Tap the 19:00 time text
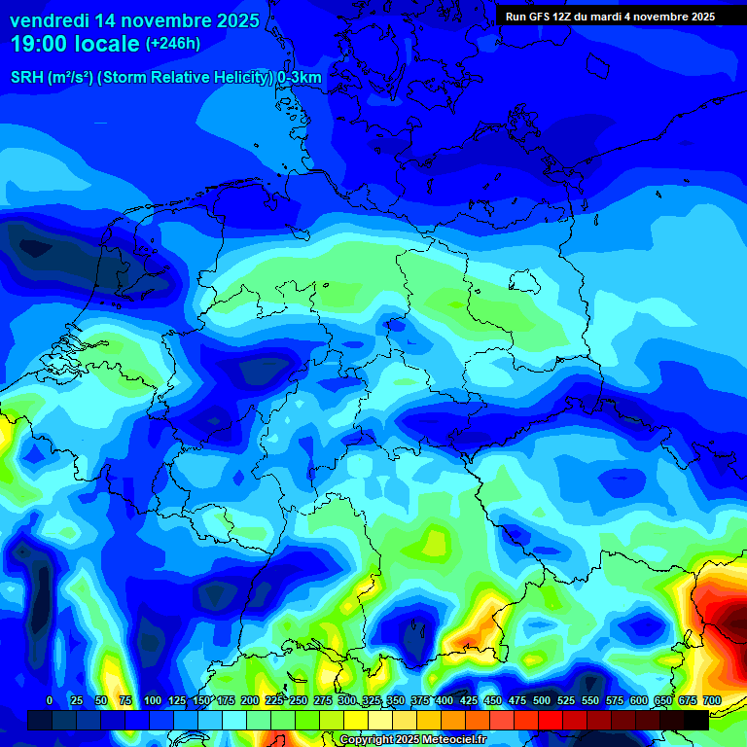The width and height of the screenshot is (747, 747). pyautogui.click(x=44, y=45)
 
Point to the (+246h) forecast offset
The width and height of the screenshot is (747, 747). pyautogui.click(x=173, y=44)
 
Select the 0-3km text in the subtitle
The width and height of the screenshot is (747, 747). pyautogui.click(x=300, y=78)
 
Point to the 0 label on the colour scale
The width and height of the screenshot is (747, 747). pyautogui.click(x=50, y=700)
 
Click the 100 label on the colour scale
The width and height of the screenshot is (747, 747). pyautogui.click(x=153, y=700)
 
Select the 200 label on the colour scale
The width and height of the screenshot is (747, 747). pyautogui.click(x=250, y=700)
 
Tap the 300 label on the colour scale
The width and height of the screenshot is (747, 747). pyautogui.click(x=347, y=700)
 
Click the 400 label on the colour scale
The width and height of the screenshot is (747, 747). pyautogui.click(x=445, y=700)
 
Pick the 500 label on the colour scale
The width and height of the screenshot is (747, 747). pyautogui.click(x=542, y=700)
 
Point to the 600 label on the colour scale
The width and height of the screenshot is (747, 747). pyautogui.click(x=639, y=700)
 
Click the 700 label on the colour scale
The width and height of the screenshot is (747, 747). pyautogui.click(x=712, y=700)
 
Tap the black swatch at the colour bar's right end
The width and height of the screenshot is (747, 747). pyautogui.click(x=696, y=720)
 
